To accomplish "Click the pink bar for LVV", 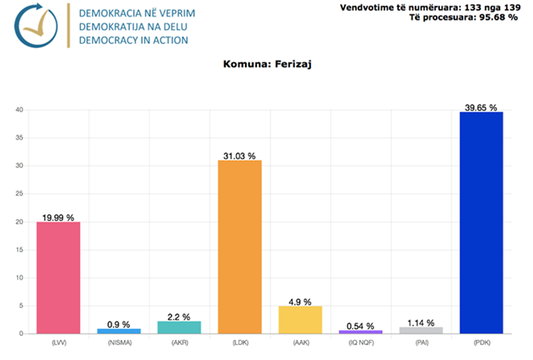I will coord(58,277).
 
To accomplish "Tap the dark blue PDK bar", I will coord(481,222).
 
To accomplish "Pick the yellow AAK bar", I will coord(300,320).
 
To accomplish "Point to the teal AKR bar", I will coord(179,327).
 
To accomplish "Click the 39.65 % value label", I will coord(481,108).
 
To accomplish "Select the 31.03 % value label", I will coord(239,156).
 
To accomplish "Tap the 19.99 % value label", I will coord(58,218).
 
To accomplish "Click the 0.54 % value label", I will coord(361,326).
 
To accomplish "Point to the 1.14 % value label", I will coord(421,323).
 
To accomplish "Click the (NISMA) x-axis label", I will coord(119,343).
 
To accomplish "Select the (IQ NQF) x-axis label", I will coord(361,343).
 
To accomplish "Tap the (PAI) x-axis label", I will coord(421,343).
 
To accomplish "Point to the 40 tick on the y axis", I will coord(20,110).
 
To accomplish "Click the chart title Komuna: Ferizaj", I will coord(267,64).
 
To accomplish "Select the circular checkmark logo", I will coord(35,25).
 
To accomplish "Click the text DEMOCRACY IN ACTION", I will coord(133,40).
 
